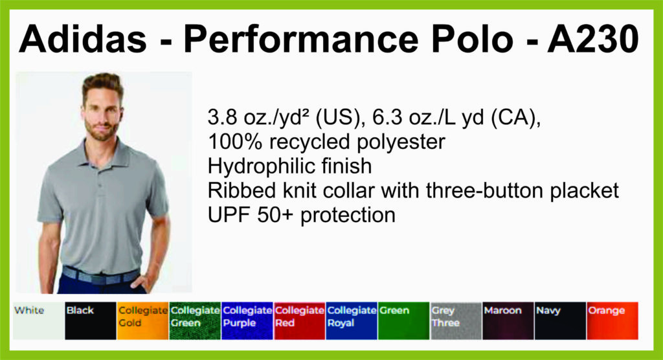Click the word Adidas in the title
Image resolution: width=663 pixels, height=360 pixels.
(x=83, y=39)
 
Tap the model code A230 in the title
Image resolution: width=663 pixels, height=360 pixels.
(x=593, y=39)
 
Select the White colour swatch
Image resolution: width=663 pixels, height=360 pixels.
(x=39, y=321)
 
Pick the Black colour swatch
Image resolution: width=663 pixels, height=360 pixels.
(x=91, y=321)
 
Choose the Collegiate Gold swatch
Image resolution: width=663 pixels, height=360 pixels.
(x=142, y=321)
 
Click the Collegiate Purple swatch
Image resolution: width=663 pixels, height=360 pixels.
(x=247, y=321)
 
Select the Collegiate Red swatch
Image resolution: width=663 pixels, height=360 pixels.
(x=299, y=321)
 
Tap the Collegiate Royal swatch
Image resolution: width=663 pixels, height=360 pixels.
(x=352, y=321)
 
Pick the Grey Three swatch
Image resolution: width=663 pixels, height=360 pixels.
(x=456, y=321)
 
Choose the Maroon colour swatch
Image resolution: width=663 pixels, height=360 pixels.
(x=508, y=321)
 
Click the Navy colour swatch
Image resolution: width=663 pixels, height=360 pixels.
(x=560, y=321)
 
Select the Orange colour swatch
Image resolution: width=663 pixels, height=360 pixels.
(x=612, y=321)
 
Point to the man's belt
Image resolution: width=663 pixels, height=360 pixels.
(x=101, y=275)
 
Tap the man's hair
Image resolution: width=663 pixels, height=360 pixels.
(x=103, y=83)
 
